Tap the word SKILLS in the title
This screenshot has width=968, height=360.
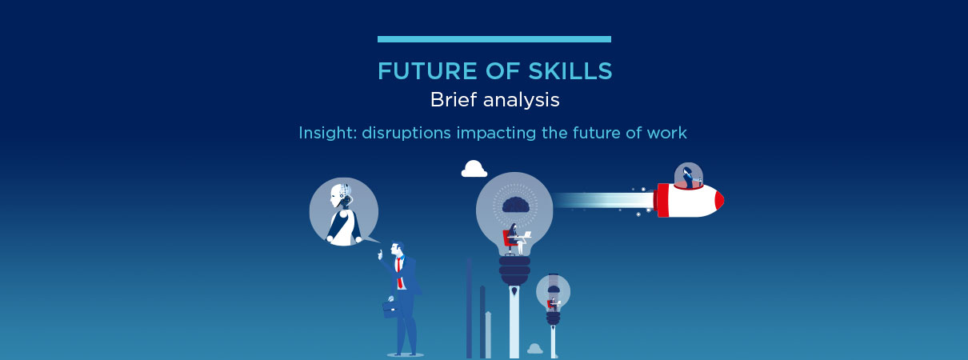point(570,71)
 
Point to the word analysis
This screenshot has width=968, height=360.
point(521,101)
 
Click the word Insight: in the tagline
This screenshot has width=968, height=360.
point(327,133)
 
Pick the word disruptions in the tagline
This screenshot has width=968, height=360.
point(406,134)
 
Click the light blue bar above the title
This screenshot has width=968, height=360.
point(494,39)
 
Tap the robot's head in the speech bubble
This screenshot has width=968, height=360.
point(341,196)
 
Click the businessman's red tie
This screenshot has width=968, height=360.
point(399,274)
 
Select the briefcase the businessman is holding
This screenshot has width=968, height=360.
point(391,309)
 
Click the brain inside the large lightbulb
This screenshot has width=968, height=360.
point(516,206)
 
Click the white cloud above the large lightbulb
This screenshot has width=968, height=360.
point(474,169)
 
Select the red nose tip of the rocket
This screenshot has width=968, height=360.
point(719,201)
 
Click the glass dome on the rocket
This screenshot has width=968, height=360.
point(689,176)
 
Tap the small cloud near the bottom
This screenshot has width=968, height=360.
point(535,348)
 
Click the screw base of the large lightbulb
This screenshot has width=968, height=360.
point(514,270)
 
